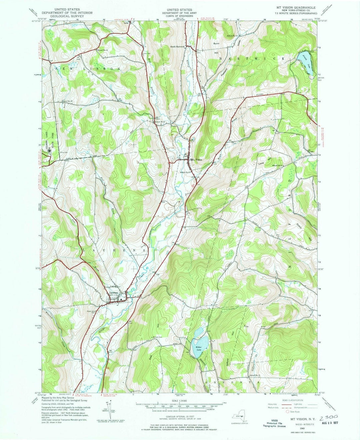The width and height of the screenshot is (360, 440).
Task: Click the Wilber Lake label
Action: pos(199,348)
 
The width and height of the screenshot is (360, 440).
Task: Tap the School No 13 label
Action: pos(255,376)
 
